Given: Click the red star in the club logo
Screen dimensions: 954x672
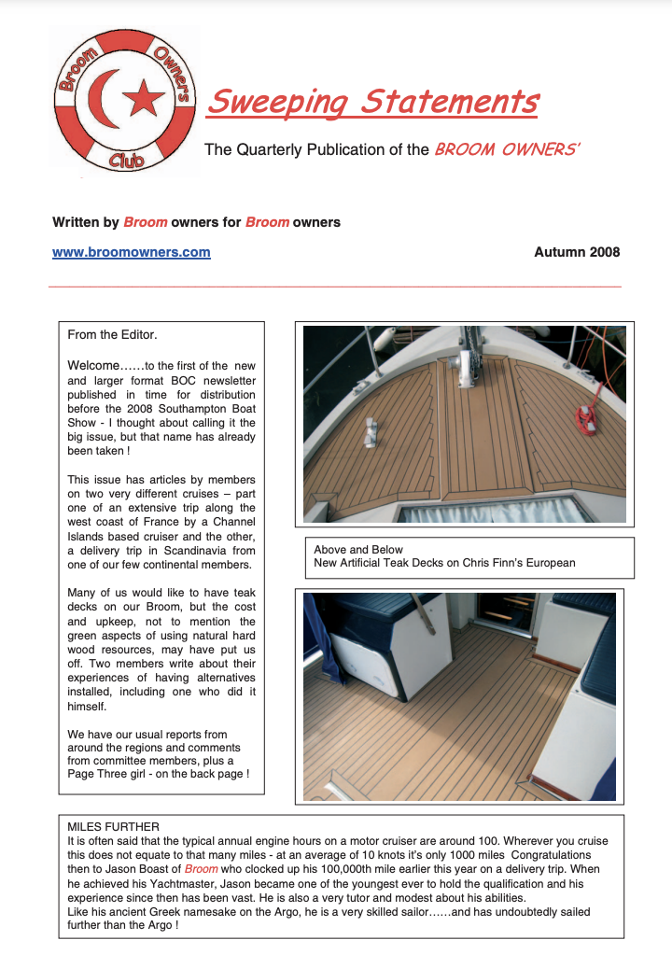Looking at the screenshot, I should tap(144, 97).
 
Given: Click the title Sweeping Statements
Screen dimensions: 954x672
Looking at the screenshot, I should tap(372, 101).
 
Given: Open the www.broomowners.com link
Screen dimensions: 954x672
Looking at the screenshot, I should tap(132, 252).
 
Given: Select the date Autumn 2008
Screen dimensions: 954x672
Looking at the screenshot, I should tap(577, 252).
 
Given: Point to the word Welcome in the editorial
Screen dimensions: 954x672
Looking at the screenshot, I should tap(94, 365).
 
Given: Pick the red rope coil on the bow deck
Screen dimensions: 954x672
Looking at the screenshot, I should tap(586, 416).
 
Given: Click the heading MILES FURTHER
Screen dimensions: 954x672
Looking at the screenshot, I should tap(114, 826).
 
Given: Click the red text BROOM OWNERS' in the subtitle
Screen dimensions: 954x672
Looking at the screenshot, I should tap(508, 149).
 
